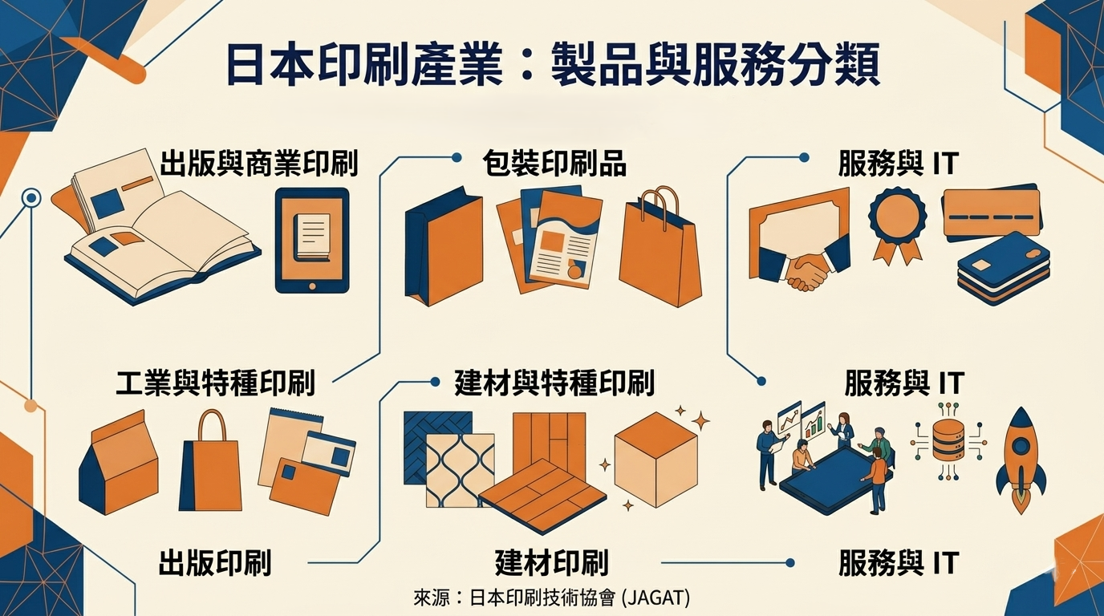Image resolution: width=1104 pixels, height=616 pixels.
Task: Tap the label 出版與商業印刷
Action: [258, 163]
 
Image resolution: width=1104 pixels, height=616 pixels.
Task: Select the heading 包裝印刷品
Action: [554, 163]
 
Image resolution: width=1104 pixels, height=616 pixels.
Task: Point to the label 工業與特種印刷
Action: [215, 383]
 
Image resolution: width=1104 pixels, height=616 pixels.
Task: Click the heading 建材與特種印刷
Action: [554, 383]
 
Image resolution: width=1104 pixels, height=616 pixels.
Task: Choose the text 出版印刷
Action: [215, 562]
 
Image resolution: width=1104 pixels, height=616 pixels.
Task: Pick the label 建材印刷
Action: [552, 562]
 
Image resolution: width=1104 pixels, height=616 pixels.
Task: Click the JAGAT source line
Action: [552, 598]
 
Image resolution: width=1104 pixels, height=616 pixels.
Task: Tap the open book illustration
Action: [160, 233]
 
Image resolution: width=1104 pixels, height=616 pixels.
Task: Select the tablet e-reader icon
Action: [312, 240]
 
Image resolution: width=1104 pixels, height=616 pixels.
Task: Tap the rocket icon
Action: [1021, 461]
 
